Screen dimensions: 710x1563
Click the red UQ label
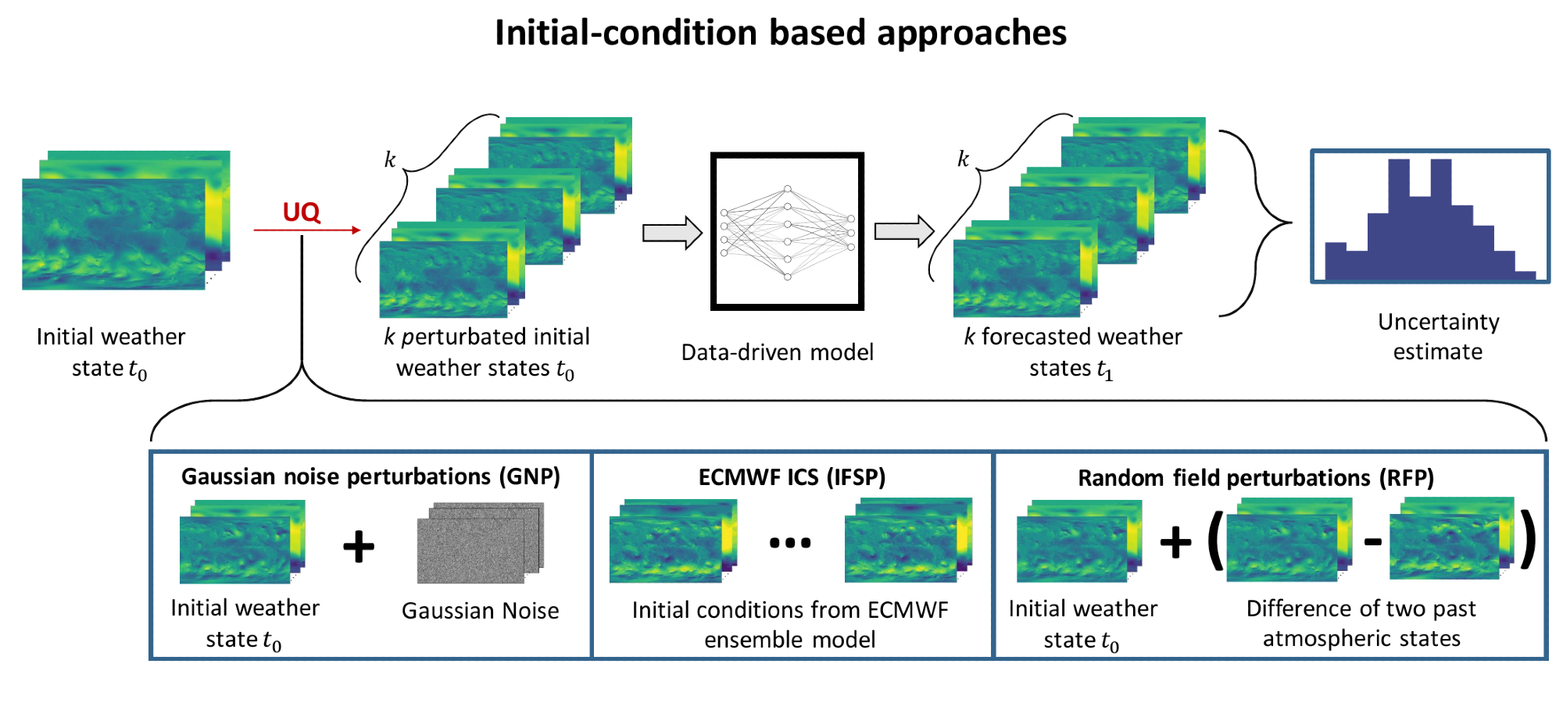(301, 212)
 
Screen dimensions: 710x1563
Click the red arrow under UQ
(306, 230)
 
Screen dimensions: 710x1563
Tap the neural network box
(787, 231)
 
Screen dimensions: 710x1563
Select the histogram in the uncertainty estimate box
(1430, 223)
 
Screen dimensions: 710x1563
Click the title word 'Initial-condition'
(626, 33)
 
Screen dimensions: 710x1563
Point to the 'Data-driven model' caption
(777, 352)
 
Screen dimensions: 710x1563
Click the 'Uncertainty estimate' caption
(1438, 337)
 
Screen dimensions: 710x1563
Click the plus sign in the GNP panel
(359, 546)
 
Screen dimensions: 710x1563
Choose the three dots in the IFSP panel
(790, 543)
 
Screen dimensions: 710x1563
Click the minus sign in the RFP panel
(1373, 541)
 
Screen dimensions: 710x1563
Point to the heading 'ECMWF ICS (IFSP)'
(792, 477)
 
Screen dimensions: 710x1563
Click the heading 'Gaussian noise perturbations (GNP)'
(370, 476)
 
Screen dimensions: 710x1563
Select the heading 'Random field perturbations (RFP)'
(1256, 478)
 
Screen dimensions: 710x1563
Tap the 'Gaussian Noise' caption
(480, 611)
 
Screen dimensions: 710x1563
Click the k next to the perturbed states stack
(390, 160)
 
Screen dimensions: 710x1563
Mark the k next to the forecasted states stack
(964, 159)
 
